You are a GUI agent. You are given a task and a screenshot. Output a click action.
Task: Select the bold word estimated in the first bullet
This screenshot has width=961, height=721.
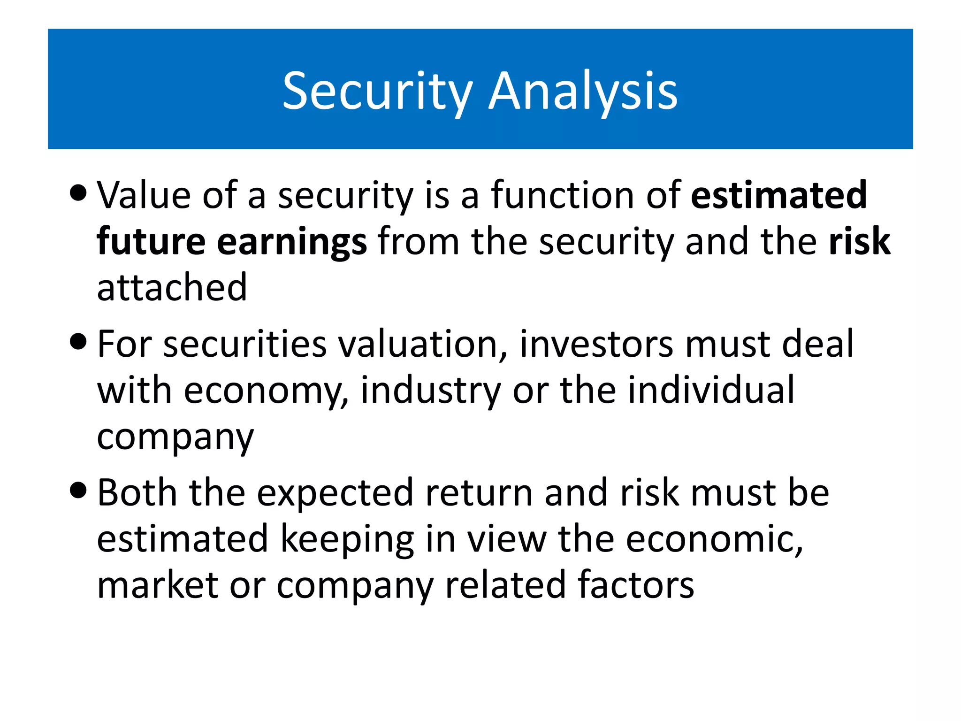click(x=779, y=195)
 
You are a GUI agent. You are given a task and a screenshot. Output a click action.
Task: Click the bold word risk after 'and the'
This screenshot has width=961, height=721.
click(x=859, y=242)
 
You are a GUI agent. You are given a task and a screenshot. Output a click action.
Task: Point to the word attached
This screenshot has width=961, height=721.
click(x=172, y=287)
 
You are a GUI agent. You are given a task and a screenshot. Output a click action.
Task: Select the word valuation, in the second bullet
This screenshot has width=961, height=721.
click(x=423, y=345)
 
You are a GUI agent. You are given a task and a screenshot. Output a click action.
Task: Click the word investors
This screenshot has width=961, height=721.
click(x=596, y=345)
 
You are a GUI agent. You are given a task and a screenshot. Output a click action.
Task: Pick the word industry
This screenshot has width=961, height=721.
click(x=431, y=391)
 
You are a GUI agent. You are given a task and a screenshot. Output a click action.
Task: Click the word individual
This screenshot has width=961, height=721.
click(x=711, y=390)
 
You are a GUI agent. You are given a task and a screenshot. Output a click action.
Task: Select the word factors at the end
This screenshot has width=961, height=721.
click(x=635, y=585)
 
